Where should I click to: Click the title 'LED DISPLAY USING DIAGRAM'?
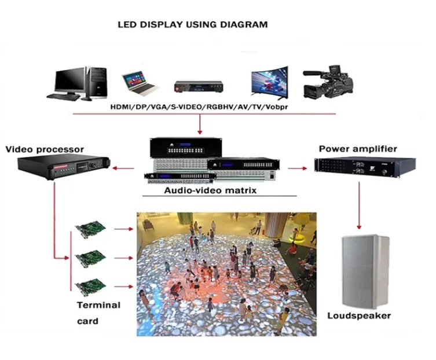coord(193,25)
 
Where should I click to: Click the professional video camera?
coord(326,82)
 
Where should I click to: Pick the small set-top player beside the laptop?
coord(199,87)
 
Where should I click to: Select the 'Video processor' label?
coord(45,149)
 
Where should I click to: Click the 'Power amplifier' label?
coord(358,149)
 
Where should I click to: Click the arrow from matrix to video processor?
coord(123,168)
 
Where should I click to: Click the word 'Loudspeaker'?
coord(359,316)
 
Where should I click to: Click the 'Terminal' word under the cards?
coord(98,305)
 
